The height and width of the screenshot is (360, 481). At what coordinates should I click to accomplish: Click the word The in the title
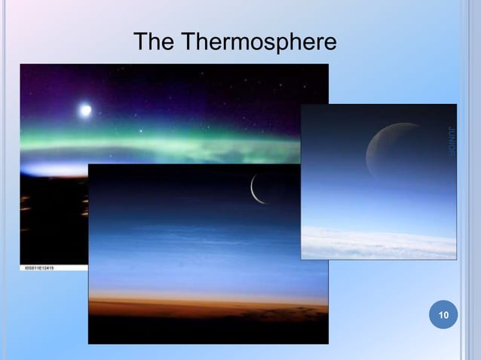click(x=153, y=42)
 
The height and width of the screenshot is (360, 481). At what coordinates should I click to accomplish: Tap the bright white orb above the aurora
click(x=84, y=110)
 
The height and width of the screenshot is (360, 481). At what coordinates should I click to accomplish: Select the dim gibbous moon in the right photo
click(x=388, y=151)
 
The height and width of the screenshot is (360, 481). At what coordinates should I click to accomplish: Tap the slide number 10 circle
click(x=443, y=314)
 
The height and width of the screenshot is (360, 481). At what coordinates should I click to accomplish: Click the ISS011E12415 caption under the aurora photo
click(x=42, y=268)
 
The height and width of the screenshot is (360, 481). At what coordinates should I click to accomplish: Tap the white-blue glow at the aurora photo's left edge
click(x=45, y=167)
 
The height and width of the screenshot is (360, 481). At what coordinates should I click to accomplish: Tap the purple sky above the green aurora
click(x=188, y=90)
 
